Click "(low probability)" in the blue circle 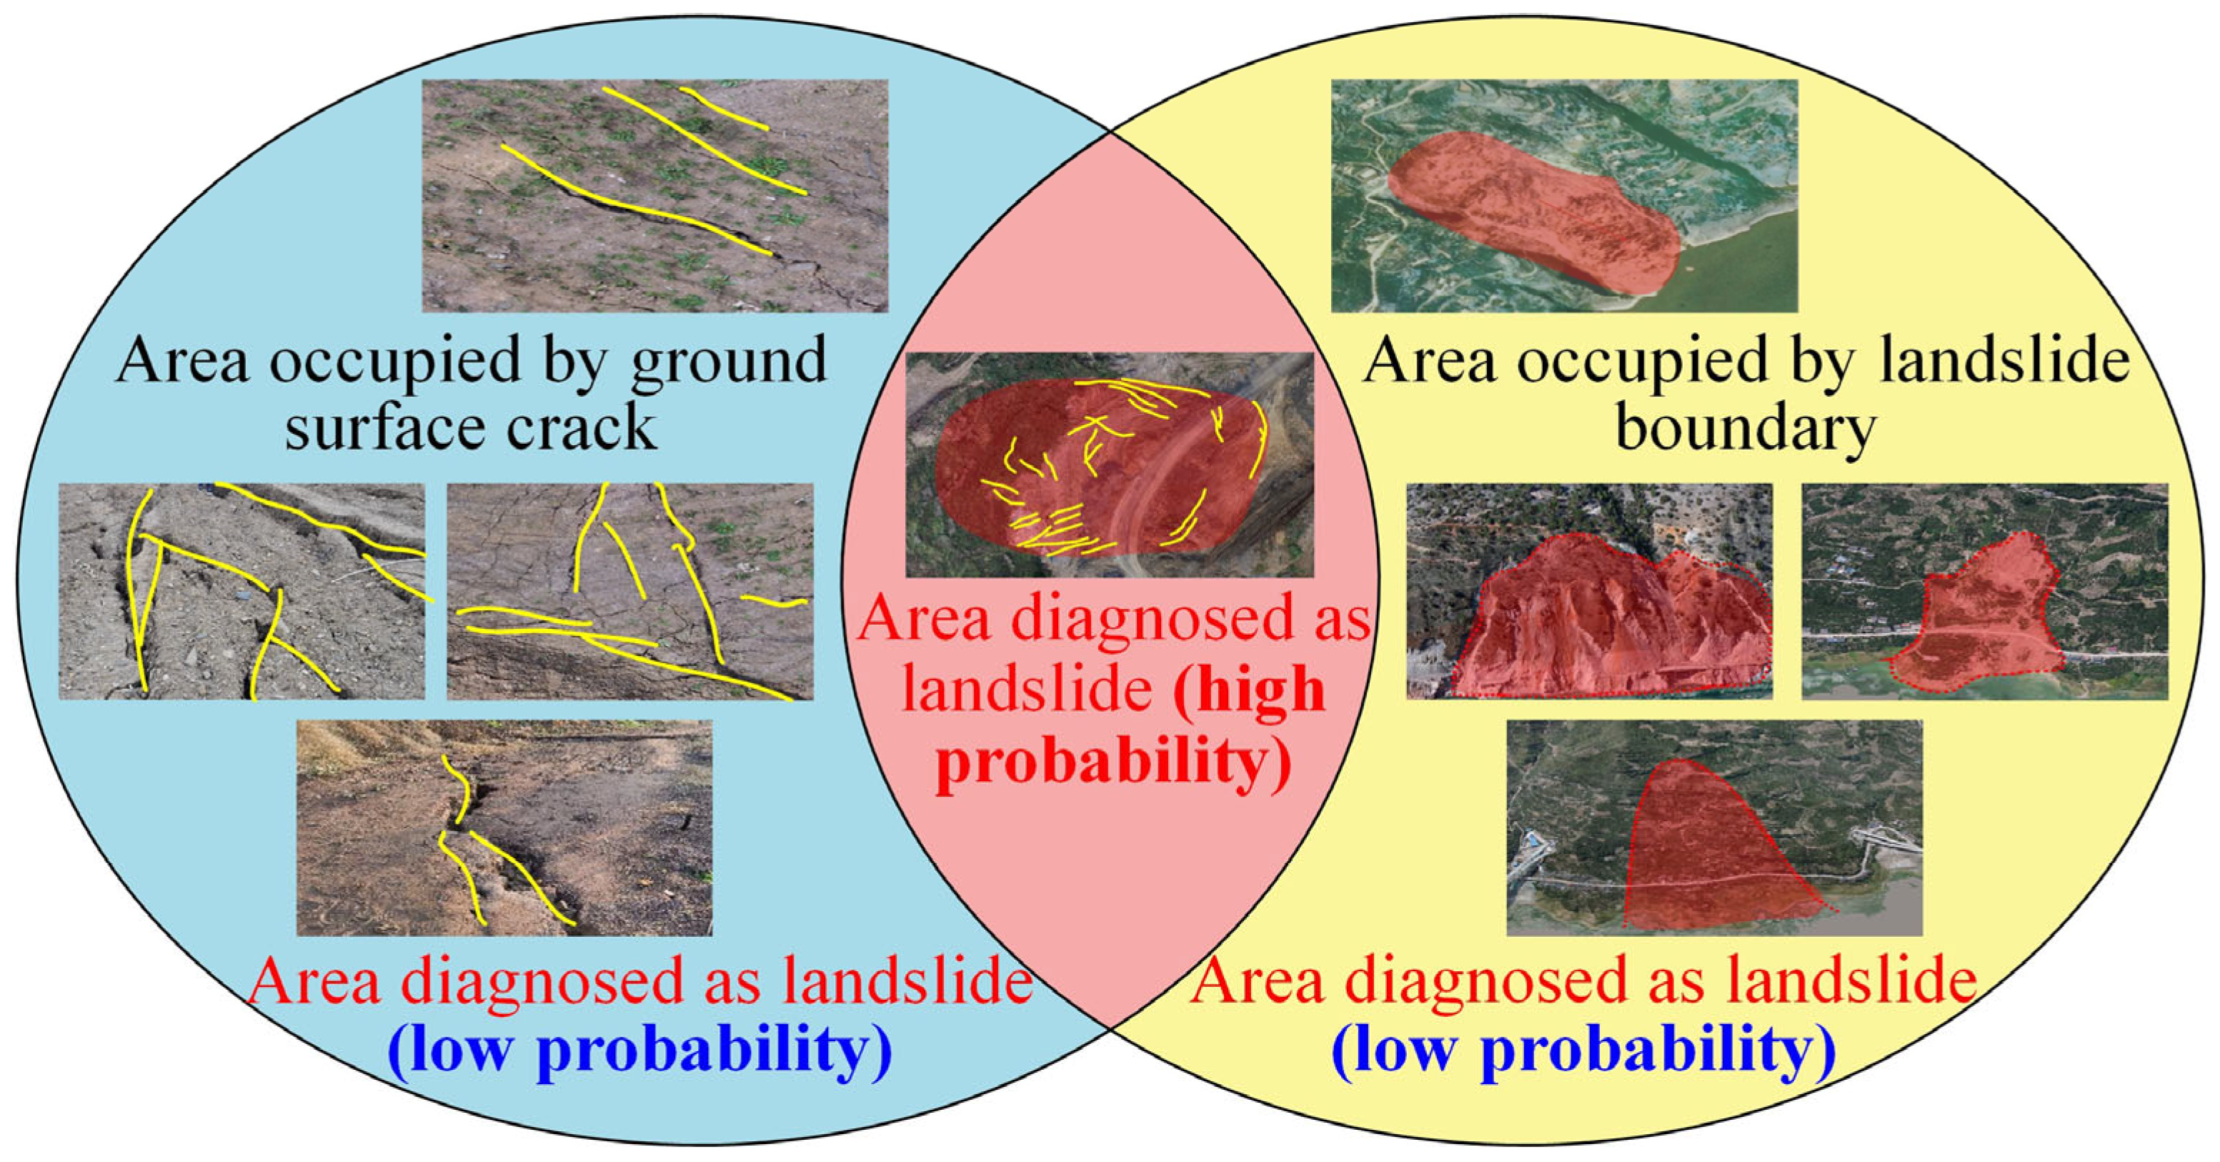[639, 1049]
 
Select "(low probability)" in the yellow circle [1584, 1049]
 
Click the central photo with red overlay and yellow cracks [1109, 465]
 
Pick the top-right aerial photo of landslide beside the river [1564, 196]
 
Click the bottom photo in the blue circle [504, 828]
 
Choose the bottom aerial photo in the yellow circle [1714, 828]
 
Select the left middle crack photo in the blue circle [242, 591]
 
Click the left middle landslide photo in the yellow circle [1589, 591]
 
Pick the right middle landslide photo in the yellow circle [1985, 591]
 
